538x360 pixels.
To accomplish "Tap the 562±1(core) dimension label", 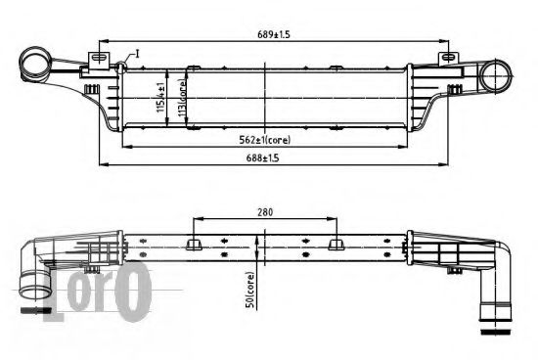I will [x=266, y=139].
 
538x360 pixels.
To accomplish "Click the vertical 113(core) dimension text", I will [x=182, y=99].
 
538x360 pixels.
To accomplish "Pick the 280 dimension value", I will [x=266, y=209].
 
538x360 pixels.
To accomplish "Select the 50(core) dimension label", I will [x=251, y=291].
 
